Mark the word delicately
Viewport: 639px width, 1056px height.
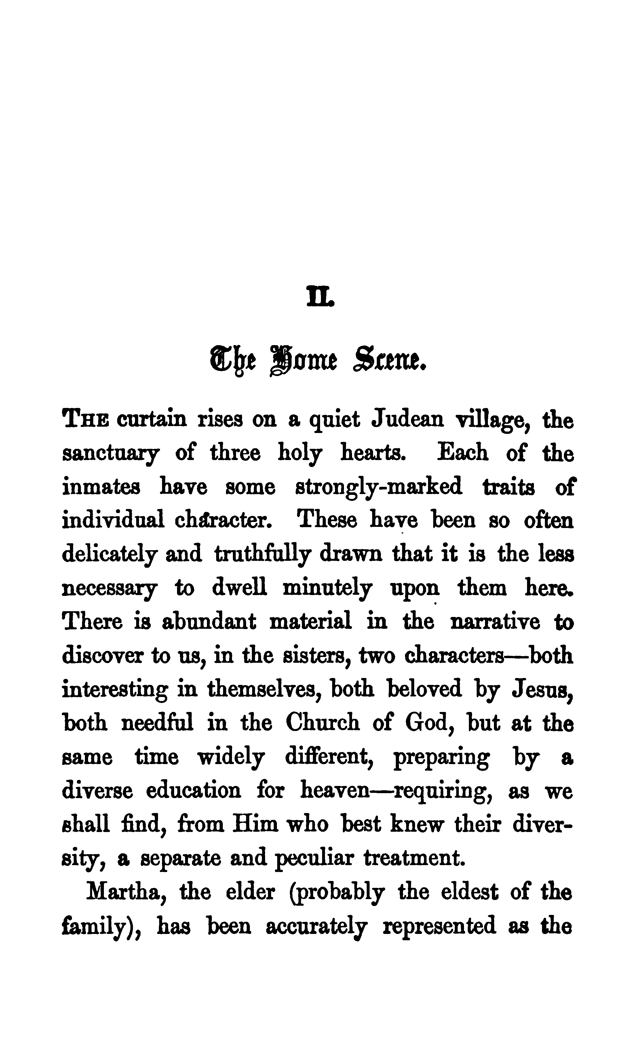tap(110, 554)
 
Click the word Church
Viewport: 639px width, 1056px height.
tap(322, 723)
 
